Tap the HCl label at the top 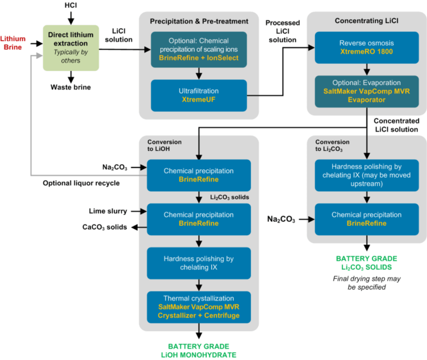[x=71, y=6]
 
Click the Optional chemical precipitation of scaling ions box [x=198, y=46]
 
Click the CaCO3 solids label [x=105, y=227]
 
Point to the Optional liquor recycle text [x=83, y=182]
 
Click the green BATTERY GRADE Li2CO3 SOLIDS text [x=366, y=262]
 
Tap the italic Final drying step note [x=366, y=283]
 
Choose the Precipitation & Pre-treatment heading [x=198, y=21]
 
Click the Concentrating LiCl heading [x=364, y=21]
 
